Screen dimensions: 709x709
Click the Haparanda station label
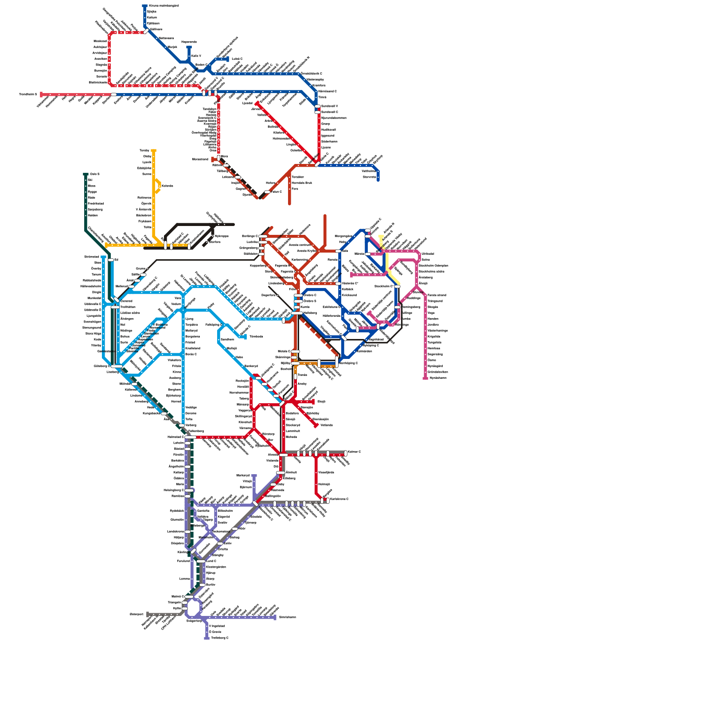pos(189,42)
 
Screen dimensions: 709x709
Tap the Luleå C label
pos(237,58)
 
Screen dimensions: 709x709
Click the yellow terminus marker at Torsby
pos(153,151)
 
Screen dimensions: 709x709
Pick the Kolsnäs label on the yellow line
pos(167,186)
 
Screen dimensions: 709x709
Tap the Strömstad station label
pos(92,257)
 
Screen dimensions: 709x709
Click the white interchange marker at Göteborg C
pos(117,366)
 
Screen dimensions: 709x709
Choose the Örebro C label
pos(310,295)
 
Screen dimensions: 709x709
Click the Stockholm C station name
pos(384,286)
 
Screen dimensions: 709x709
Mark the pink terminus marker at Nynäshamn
pos(425,378)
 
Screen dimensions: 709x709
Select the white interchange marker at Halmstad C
pos(190,437)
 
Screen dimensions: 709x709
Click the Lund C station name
pos(211,561)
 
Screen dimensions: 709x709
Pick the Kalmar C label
pos(354,452)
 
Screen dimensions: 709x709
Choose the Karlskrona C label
pos(339,499)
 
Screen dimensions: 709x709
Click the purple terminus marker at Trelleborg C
pos(206,638)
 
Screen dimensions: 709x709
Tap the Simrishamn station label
pos(287,617)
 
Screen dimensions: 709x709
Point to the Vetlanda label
pos(326,425)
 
